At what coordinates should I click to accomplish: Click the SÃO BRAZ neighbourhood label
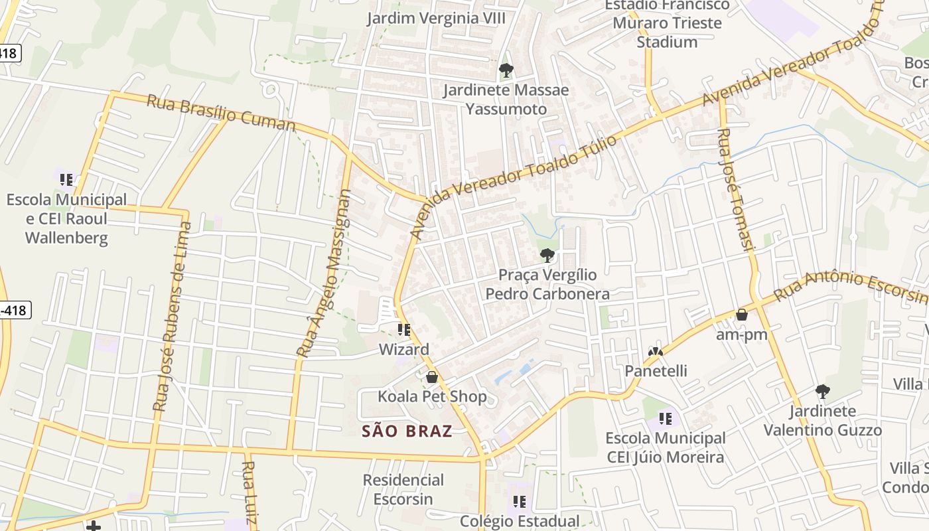[407, 431]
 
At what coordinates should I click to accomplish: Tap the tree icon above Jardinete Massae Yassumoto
[506, 70]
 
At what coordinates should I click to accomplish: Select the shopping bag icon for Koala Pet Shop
[432, 377]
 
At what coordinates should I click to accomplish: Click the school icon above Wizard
[403, 329]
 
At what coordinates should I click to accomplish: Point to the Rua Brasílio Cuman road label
[220, 113]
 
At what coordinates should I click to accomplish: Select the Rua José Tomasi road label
[737, 189]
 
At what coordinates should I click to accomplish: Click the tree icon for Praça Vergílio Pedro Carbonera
[547, 255]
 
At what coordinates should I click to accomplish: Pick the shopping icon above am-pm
[742, 315]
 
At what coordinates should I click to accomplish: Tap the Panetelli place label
[656, 370]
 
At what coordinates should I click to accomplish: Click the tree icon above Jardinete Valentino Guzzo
[823, 391]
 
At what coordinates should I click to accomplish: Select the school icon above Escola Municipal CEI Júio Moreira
[666, 419]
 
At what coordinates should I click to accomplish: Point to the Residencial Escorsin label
[403, 489]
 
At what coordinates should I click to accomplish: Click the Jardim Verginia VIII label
[437, 18]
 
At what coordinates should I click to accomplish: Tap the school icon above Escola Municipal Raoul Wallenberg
[66, 179]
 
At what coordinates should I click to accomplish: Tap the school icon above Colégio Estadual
[520, 502]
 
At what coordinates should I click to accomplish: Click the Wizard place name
[403, 349]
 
